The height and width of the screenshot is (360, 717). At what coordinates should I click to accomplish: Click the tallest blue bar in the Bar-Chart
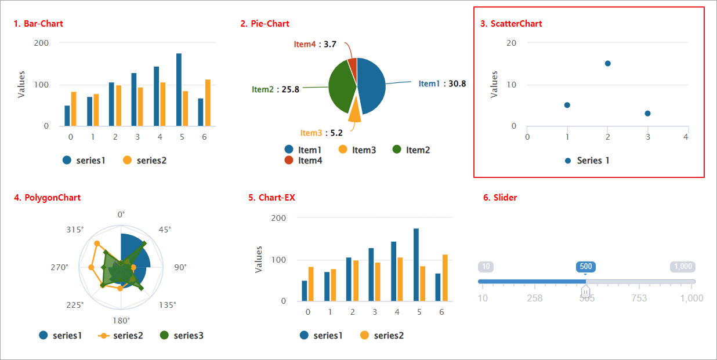coord(179,90)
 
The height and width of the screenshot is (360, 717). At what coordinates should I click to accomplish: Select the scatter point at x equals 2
coord(607,63)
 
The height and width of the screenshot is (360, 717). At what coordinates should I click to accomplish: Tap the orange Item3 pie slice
coord(354,112)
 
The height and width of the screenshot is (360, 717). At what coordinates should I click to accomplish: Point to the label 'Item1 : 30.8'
coord(442,83)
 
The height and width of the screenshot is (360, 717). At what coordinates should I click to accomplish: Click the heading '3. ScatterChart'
coord(511,24)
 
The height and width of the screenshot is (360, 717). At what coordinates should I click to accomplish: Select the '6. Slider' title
coord(499,198)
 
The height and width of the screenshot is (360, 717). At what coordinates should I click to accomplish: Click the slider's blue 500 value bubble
coord(586,267)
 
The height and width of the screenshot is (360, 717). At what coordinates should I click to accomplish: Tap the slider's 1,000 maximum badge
coord(683,267)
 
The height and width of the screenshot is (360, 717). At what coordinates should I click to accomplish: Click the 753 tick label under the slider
coord(639,298)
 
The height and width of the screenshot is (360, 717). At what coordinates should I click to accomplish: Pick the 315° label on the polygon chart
coord(75,230)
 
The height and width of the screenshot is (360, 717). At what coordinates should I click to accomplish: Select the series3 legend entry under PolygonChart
coord(182,335)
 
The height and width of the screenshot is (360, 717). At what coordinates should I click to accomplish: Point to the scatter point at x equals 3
coord(647,114)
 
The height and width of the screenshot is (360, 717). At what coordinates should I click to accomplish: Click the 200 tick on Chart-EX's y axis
coord(279,218)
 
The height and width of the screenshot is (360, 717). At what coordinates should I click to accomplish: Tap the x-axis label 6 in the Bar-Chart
coord(204,137)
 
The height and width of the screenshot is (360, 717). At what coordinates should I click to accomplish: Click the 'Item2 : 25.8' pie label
coord(276,89)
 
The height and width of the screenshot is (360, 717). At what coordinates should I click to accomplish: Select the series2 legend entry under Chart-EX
coord(382,336)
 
